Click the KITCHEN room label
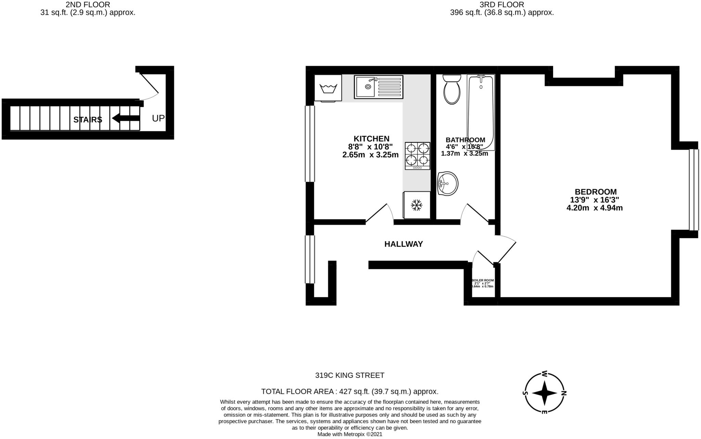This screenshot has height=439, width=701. click(x=371, y=139)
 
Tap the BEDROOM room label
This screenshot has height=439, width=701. click(x=596, y=192)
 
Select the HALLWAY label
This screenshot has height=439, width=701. click(x=404, y=244)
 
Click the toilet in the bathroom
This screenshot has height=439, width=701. click(x=452, y=90)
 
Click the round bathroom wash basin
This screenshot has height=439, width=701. click(x=447, y=183)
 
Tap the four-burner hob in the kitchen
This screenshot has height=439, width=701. click(x=418, y=156)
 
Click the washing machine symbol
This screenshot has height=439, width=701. click(x=328, y=88)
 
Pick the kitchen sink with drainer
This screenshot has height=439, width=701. click(x=379, y=87)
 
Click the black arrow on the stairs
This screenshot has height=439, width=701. click(x=126, y=118)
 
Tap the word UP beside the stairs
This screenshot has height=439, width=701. click(x=158, y=118)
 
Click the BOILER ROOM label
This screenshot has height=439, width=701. click(x=483, y=280)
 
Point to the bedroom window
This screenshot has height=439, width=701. click(x=693, y=190)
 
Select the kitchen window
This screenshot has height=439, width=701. click(x=310, y=144)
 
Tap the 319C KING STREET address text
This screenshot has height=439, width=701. click(x=349, y=375)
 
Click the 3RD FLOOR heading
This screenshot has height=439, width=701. click(x=502, y=5)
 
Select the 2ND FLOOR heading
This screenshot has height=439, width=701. click(x=88, y=5)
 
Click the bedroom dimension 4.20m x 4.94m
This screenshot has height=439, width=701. click(x=595, y=208)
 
